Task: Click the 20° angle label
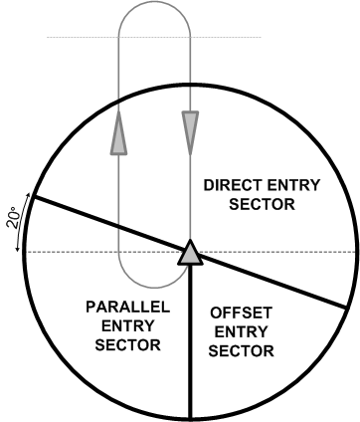12,218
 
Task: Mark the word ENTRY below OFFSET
244,331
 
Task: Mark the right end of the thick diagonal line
343,309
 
